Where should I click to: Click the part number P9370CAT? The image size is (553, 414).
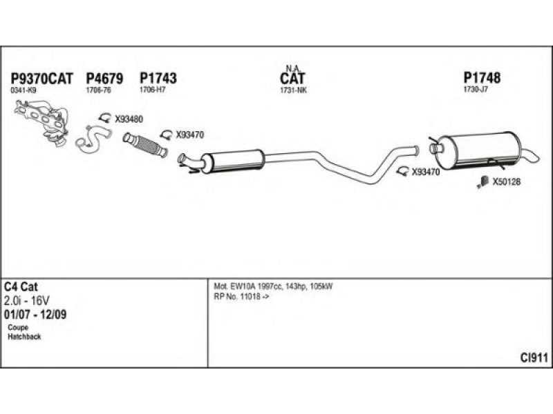[41, 78]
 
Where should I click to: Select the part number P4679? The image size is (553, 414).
[105, 78]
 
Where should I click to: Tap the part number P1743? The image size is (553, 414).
[158, 78]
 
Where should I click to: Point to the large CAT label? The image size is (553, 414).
[292, 78]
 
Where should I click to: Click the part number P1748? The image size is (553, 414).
[482, 77]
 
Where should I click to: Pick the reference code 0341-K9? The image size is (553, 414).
[24, 90]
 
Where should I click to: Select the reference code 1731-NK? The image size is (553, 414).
[293, 90]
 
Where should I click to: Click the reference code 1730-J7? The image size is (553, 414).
[476, 90]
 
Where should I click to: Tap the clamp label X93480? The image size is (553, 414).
[129, 119]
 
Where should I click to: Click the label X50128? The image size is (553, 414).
[507, 182]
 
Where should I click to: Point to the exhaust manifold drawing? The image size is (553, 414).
[41, 121]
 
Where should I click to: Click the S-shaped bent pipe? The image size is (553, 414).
[93, 139]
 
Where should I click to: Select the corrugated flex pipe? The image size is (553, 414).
[145, 144]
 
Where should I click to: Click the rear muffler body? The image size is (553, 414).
[484, 150]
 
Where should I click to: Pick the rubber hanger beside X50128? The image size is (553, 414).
[482, 182]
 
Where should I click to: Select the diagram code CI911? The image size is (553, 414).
[534, 358]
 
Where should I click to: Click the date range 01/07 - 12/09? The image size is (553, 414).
[35, 315]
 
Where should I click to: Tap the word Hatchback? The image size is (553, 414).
[24, 337]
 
